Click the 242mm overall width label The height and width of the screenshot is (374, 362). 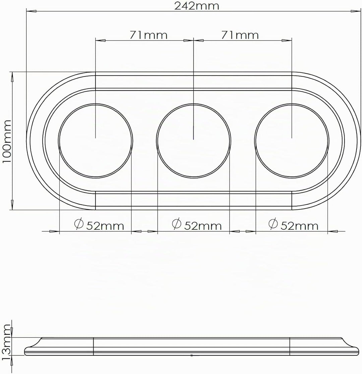(196, 6)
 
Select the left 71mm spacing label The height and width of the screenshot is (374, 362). (148, 35)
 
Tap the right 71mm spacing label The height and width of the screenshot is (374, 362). (240, 35)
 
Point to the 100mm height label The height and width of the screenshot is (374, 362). (7, 141)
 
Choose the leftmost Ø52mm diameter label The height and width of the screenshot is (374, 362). (99, 224)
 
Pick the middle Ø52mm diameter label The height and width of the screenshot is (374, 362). (197, 224)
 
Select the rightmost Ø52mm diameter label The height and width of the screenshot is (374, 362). (293, 224)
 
